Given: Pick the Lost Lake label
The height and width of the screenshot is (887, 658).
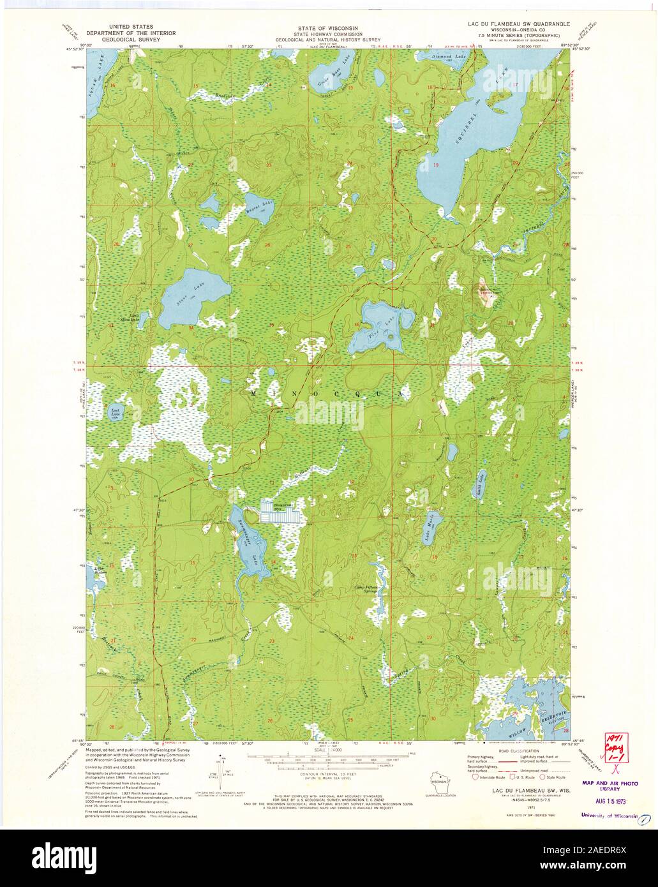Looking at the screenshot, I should tap(115, 412).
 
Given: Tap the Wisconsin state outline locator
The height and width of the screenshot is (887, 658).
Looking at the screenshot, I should tap(438, 782).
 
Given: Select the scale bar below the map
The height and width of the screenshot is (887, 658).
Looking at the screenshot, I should tap(328, 760).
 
